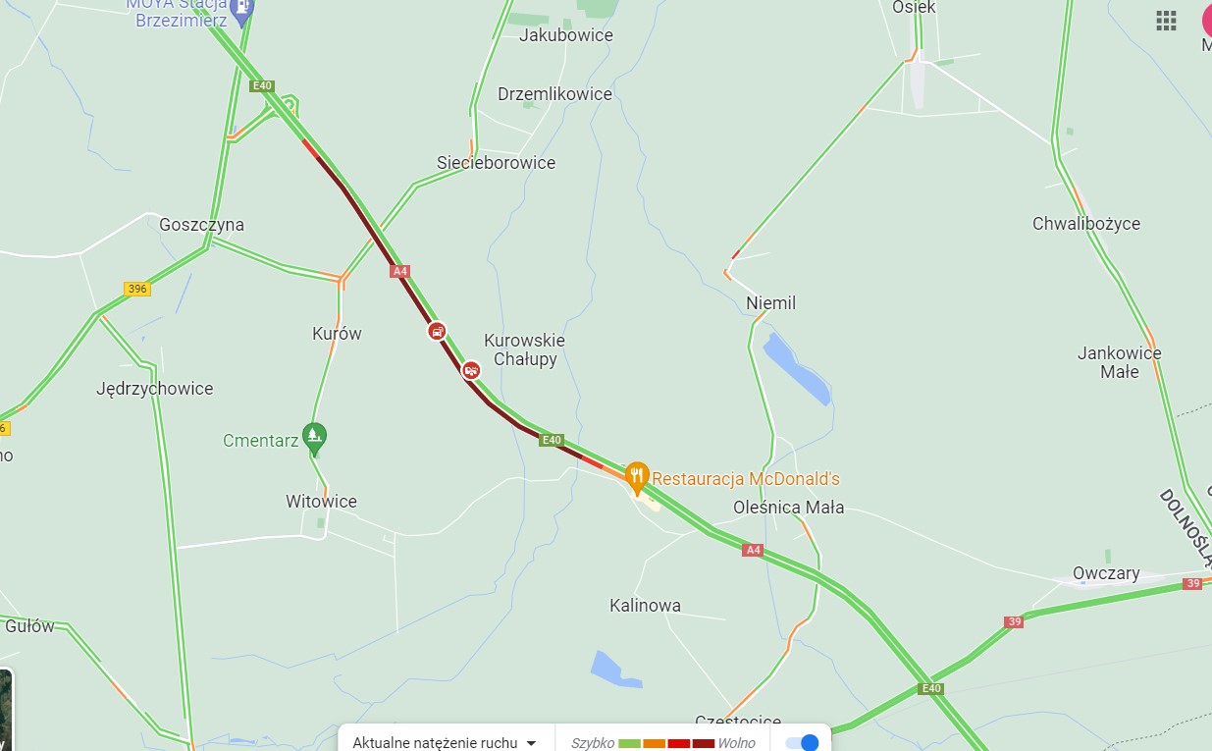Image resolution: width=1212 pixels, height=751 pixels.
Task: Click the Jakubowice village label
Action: tap(565, 35)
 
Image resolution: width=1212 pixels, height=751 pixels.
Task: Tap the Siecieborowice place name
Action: tap(496, 163)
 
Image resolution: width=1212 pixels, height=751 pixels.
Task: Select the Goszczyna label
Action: tap(201, 225)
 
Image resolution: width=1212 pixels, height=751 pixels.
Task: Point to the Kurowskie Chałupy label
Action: tap(524, 349)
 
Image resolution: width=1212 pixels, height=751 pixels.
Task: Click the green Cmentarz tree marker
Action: tap(314, 437)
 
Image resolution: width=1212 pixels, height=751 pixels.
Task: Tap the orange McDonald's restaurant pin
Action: tap(637, 477)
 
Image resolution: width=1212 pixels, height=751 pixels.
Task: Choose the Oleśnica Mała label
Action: tap(788, 508)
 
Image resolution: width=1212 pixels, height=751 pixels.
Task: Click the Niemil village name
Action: tap(770, 303)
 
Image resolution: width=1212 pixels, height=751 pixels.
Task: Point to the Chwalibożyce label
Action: tap(1085, 224)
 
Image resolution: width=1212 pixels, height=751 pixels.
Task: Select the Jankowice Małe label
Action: tap(1119, 362)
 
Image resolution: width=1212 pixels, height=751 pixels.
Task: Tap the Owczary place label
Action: tap(1106, 573)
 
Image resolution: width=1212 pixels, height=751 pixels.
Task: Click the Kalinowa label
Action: tap(645, 606)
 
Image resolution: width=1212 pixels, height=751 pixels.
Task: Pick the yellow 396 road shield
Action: tap(137, 289)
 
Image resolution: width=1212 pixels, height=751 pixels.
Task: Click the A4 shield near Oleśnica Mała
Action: tap(753, 551)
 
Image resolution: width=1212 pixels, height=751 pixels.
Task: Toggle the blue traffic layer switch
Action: tap(802, 743)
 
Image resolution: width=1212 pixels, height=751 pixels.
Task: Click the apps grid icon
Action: tap(1166, 21)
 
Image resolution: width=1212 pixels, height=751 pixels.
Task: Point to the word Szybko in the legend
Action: tap(592, 743)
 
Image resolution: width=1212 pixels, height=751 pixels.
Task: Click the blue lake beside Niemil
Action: tap(796, 368)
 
